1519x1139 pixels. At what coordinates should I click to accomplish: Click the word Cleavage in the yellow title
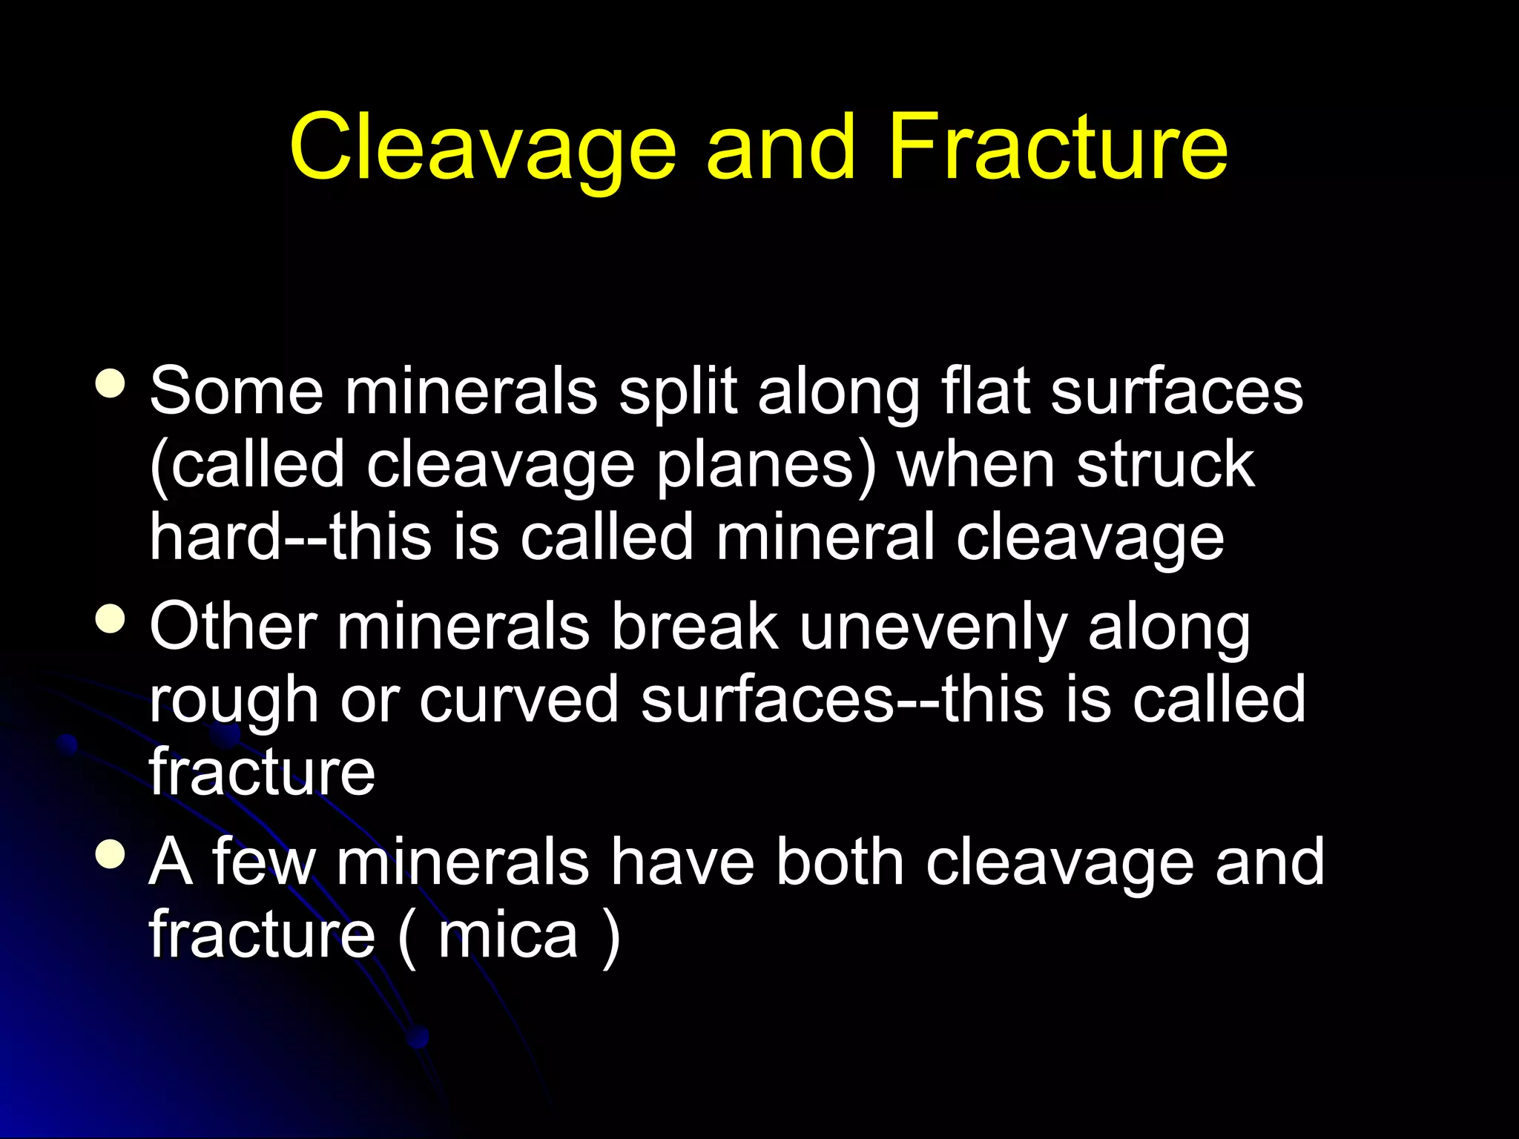point(482,148)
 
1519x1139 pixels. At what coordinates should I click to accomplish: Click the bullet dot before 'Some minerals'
point(111,383)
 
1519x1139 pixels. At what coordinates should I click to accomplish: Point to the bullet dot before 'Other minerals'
point(111,618)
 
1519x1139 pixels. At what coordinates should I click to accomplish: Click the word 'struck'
point(1165,465)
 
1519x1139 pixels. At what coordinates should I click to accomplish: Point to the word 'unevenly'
point(934,627)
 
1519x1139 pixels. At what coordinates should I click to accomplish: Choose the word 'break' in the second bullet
point(694,627)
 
